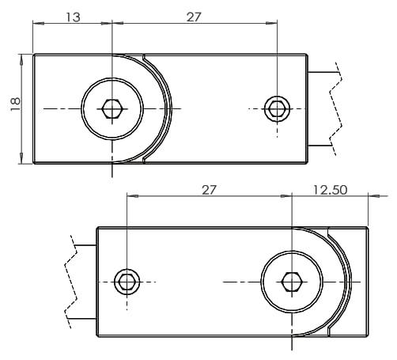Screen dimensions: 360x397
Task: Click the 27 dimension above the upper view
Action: (195, 17)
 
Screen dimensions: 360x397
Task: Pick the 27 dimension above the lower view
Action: (210, 190)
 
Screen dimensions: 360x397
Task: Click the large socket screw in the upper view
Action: (112, 108)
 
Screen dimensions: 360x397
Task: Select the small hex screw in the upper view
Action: (277, 108)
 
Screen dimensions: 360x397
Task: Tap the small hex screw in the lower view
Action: (127, 281)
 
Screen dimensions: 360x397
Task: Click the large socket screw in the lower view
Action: (292, 282)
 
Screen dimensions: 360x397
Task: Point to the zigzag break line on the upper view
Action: (338, 109)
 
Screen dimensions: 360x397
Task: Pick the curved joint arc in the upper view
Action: (168, 108)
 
